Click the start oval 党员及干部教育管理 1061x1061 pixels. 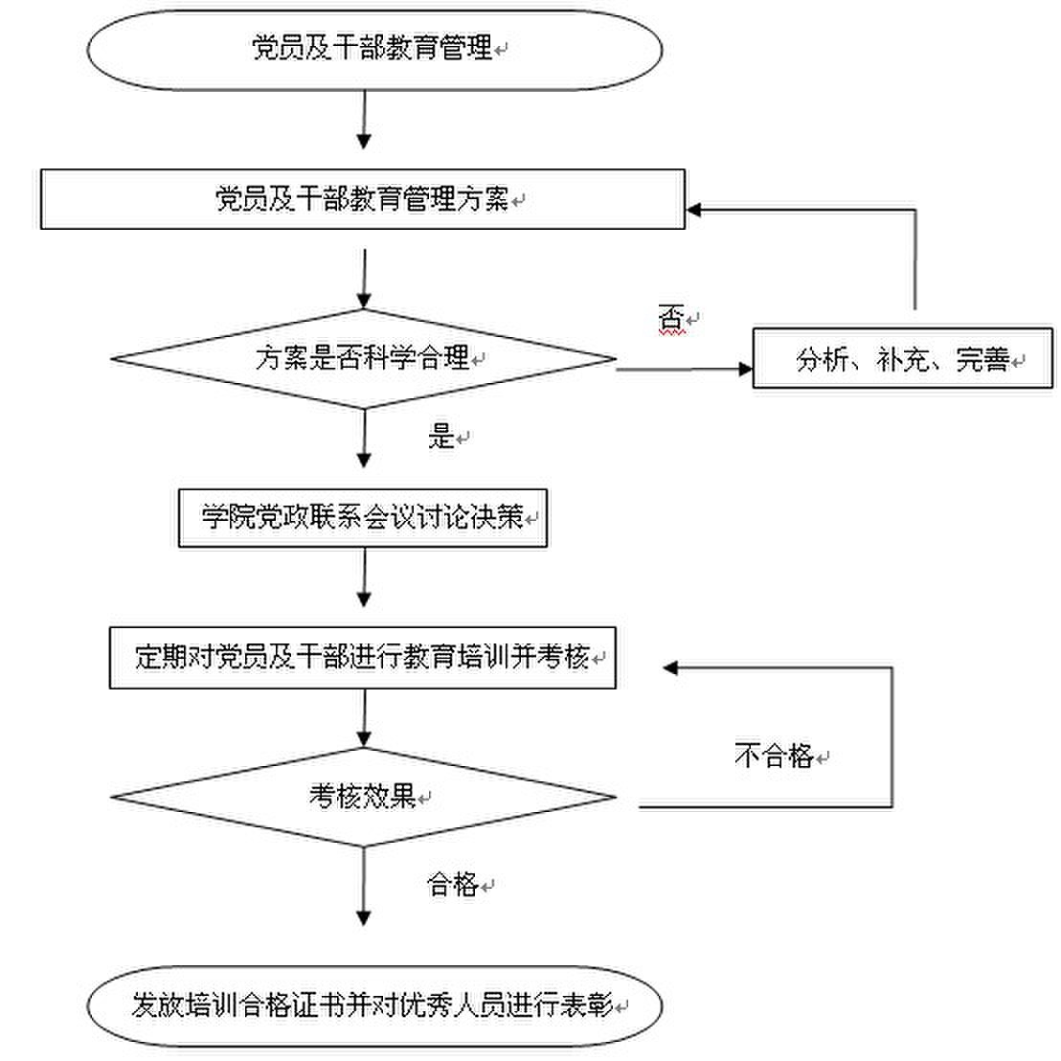(373, 48)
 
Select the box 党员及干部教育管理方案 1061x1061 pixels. (362, 199)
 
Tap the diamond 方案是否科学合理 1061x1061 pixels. (363, 359)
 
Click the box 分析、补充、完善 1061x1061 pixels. (902, 359)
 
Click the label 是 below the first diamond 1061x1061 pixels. (440, 437)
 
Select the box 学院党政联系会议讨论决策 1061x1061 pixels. (362, 518)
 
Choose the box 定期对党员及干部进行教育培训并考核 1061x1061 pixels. (362, 658)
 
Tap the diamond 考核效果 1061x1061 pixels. (363, 797)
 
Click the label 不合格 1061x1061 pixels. (774, 756)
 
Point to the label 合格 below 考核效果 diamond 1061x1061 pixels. (452, 884)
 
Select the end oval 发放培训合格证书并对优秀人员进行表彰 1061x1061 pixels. (373, 1005)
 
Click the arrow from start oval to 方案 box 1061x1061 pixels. (364, 120)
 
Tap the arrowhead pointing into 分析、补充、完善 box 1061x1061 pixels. (746, 368)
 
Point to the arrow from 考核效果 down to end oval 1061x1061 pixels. (364, 886)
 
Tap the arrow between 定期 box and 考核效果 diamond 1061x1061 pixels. (364, 718)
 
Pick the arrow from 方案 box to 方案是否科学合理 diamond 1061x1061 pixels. (364, 278)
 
